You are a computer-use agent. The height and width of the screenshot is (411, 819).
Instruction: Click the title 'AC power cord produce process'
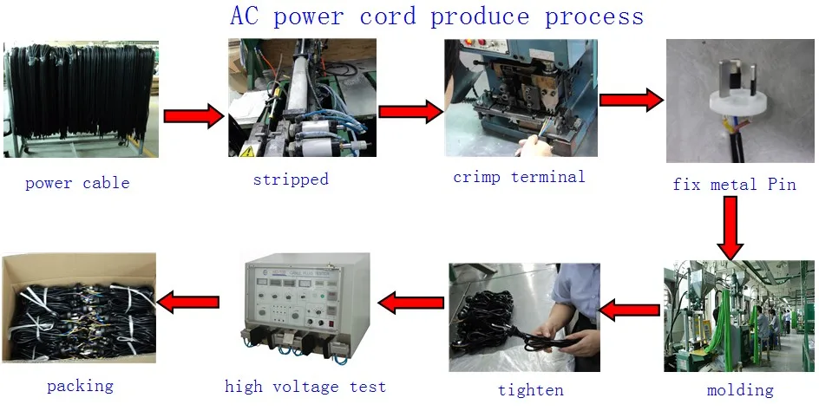(x=436, y=16)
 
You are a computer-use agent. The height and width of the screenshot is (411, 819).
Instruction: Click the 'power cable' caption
(x=77, y=183)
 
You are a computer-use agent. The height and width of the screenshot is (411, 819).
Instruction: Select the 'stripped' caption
(x=291, y=179)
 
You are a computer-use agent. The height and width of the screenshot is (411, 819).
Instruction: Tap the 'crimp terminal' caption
(x=519, y=177)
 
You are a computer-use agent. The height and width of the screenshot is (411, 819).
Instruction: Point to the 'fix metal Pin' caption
(x=734, y=185)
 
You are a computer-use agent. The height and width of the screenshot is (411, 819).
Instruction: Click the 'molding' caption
(x=740, y=389)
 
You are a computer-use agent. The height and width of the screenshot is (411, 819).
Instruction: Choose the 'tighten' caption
(x=531, y=389)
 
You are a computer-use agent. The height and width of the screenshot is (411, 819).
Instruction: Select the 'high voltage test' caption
(x=305, y=387)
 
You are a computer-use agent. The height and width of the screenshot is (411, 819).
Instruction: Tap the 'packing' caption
(x=80, y=386)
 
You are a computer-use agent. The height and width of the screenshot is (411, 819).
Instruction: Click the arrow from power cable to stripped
(x=193, y=115)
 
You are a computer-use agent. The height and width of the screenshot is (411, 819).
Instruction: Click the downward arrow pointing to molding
(x=731, y=228)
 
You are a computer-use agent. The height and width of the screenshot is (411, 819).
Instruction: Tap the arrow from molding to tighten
(x=631, y=310)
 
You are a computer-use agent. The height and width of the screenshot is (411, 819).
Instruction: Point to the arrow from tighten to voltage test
(x=411, y=303)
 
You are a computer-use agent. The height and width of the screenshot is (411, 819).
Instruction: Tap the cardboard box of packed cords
(x=78, y=308)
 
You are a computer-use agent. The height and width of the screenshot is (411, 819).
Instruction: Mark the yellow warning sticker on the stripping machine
(x=246, y=151)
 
